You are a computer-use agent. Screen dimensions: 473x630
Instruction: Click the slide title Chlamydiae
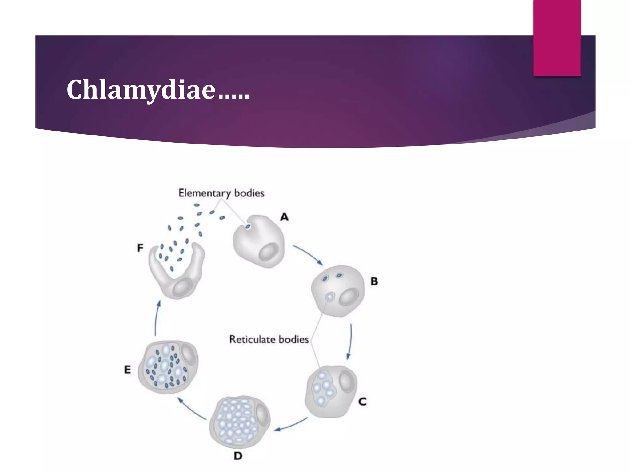point(158,90)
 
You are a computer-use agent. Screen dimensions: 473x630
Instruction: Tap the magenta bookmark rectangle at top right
point(557,38)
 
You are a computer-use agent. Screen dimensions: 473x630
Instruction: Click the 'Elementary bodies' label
point(221,193)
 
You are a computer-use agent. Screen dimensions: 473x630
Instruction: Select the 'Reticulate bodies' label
point(269,339)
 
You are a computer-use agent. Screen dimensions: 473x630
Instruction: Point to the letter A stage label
point(285,217)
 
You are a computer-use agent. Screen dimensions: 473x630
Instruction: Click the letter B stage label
point(374,281)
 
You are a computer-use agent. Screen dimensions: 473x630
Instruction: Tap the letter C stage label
point(362,402)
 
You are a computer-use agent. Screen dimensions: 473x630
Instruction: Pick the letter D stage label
point(238,456)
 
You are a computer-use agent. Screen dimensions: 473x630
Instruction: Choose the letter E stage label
point(127,370)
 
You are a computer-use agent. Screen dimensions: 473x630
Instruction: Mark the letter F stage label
point(140,248)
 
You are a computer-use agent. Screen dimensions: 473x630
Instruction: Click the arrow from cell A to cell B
point(308,254)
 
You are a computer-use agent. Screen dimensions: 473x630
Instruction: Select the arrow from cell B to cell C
point(350,341)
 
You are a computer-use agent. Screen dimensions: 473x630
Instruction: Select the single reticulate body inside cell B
point(330,297)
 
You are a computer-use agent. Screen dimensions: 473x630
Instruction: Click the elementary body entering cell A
point(248,227)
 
